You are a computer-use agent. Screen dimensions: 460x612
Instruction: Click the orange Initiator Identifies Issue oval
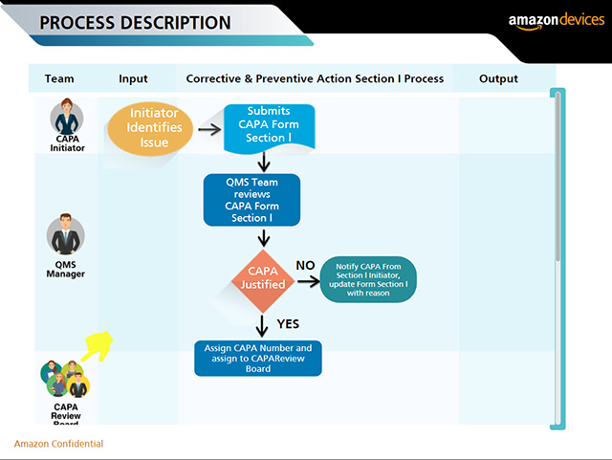point(148,128)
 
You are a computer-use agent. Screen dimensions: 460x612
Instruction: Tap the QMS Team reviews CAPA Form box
point(251,199)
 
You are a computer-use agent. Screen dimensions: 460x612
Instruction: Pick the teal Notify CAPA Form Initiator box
point(368,279)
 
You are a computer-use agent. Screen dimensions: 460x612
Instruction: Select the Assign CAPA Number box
point(258,358)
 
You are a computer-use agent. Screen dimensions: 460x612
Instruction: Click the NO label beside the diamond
point(305,265)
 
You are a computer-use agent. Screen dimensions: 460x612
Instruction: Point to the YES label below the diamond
point(288,324)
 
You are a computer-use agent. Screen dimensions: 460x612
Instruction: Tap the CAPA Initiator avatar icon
point(68,120)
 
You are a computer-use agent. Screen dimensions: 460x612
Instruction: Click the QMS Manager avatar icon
point(66,235)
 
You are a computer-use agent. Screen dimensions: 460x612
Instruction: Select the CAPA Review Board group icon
point(65,379)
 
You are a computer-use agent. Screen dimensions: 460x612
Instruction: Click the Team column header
point(59,78)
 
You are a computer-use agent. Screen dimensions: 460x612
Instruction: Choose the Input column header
point(133,78)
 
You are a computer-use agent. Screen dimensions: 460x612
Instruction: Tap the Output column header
point(498,78)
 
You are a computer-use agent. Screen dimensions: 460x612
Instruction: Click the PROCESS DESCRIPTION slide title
point(135,23)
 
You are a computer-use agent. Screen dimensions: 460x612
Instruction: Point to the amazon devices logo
point(556,21)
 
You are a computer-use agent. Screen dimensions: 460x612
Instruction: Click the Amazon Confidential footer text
point(58,444)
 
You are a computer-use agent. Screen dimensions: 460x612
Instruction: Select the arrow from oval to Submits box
point(209,127)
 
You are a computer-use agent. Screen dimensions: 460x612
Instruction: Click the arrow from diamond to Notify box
point(308,282)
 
